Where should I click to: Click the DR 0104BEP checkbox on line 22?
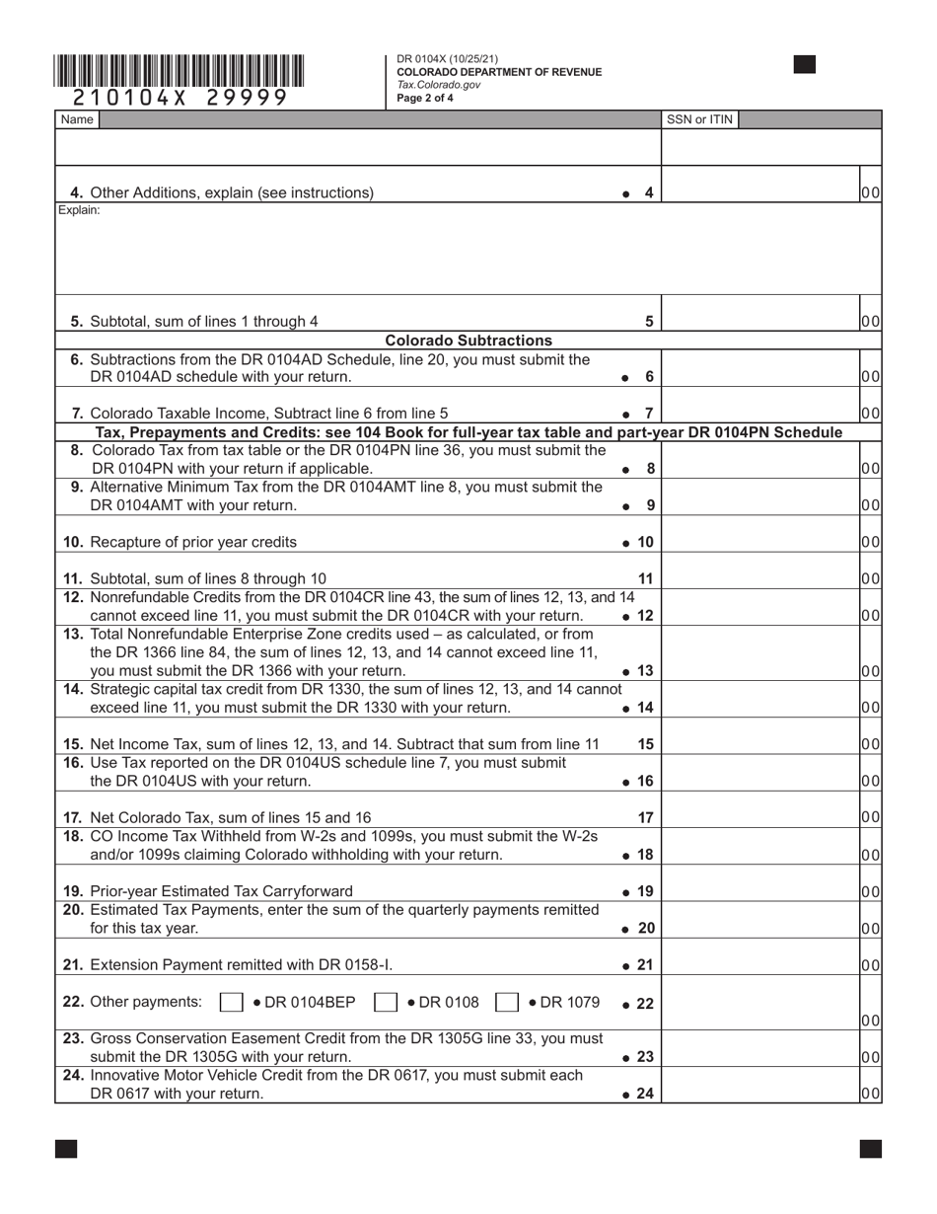231,1003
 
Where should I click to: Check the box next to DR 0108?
386,1003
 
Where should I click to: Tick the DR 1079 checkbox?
507,1003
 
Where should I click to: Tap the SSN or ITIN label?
699,119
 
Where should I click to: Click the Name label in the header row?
77,119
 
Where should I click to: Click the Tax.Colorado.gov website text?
439,85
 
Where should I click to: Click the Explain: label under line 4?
79,210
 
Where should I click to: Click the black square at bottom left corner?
66,1148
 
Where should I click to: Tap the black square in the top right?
805,65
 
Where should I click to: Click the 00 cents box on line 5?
870,321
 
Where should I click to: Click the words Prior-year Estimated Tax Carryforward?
221,891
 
